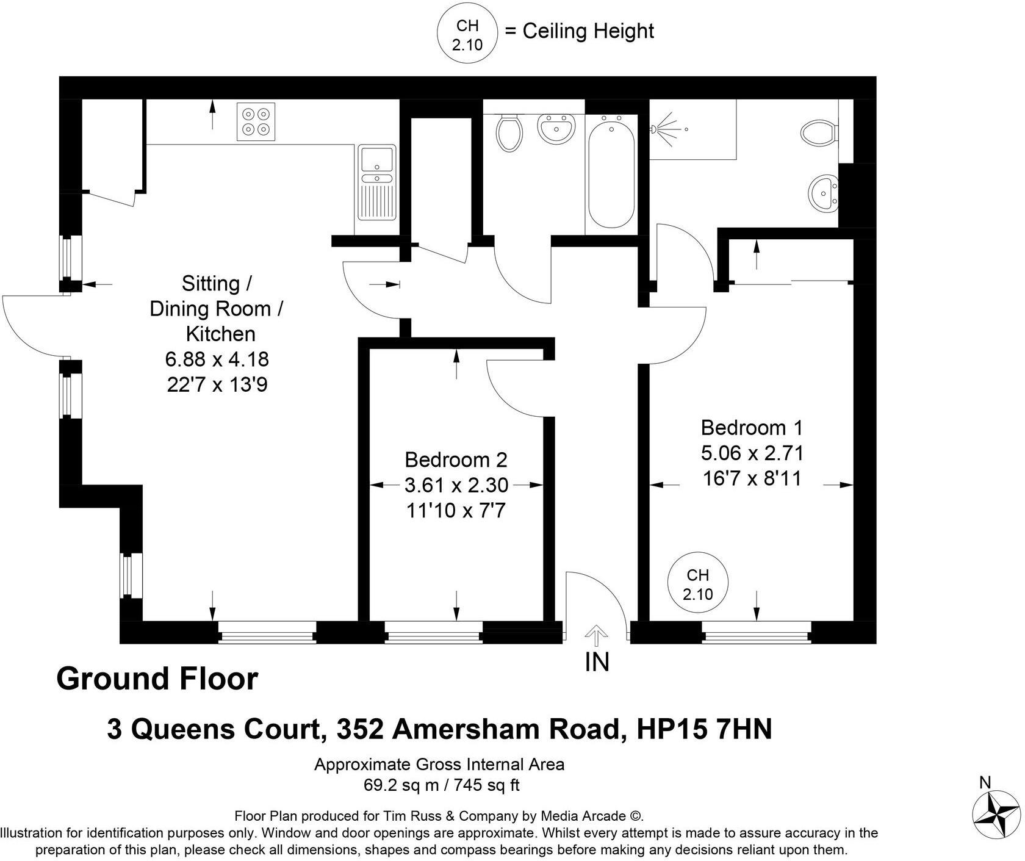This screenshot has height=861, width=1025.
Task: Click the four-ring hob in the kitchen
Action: pyautogui.click(x=256, y=121)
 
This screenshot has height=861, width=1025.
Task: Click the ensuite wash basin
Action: pyautogui.click(x=824, y=192)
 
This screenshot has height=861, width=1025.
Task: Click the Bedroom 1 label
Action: pyautogui.click(x=752, y=427)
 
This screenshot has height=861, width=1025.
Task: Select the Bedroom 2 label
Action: pyautogui.click(x=456, y=459)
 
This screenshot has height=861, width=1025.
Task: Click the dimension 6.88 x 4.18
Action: pyautogui.click(x=217, y=359)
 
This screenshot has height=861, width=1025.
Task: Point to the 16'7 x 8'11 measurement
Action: pyautogui.click(x=752, y=478)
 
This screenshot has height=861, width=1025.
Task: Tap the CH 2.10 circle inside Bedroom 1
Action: pyautogui.click(x=698, y=584)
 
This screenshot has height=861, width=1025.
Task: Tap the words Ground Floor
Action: pyautogui.click(x=157, y=679)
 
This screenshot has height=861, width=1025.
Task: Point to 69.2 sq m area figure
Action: pyautogui.click(x=401, y=785)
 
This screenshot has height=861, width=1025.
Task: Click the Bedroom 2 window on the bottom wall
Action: pyautogui.click(x=433, y=632)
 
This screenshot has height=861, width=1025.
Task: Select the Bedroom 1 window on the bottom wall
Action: pyautogui.click(x=757, y=632)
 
